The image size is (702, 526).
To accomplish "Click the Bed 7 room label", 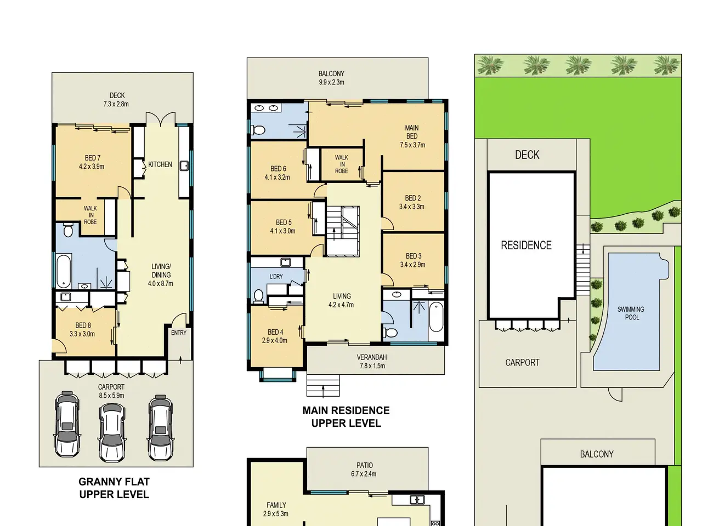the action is point(93,158).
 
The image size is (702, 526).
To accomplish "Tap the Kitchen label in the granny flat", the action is point(160,164).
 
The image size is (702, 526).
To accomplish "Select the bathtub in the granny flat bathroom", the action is point(64,270).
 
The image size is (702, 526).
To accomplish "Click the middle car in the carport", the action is point(112,432).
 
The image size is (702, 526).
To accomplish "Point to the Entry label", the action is point(178,333).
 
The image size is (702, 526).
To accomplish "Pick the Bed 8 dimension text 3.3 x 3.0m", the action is point(82,334).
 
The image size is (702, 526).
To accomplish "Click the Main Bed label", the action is point(412,132).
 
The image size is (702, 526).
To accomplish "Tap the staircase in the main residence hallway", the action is point(343,231).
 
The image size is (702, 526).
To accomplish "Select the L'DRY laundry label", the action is point(276,276).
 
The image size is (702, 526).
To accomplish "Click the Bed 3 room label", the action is point(414,256).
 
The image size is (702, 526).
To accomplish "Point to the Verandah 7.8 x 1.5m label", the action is point(372,362).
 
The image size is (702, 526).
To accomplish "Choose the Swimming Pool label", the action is point(631,313).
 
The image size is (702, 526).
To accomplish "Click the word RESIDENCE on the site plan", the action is point(526,245).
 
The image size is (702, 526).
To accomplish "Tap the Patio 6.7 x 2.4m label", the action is point(364,470).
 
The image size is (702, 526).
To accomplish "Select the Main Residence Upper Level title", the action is point(346,417).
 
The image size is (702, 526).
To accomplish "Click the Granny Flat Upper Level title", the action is point(114,488).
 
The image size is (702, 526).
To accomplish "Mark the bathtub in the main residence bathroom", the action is point(436,317).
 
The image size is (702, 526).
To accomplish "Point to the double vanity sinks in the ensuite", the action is point(266,108).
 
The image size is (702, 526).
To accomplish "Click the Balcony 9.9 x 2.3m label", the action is point(331,78).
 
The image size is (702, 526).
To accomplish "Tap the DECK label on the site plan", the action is point(527,155).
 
